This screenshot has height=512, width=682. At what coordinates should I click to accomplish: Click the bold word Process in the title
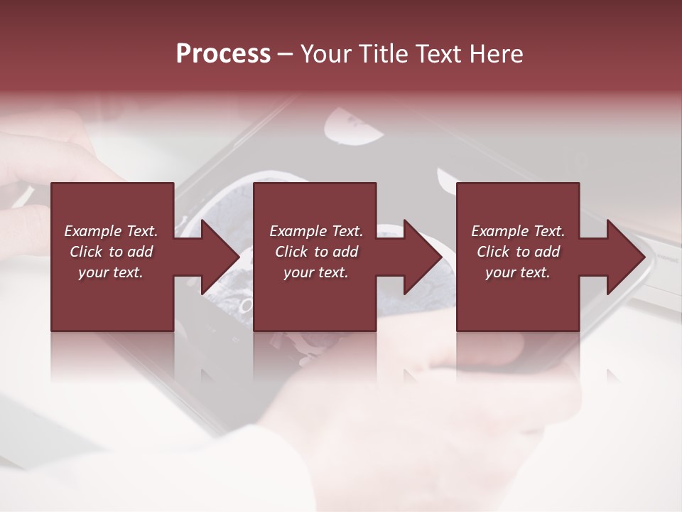pos(223,54)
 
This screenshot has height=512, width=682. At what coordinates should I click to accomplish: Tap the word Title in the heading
pos(381,54)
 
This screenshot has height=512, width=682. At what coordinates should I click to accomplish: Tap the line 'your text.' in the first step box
pos(111,272)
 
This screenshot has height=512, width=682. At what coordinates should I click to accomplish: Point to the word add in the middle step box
pos(345,252)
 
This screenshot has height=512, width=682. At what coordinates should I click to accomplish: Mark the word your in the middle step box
pos(298,272)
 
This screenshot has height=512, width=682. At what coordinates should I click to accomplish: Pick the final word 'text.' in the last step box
pos(536,272)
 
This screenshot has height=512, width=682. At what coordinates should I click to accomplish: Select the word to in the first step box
pos(116,252)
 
